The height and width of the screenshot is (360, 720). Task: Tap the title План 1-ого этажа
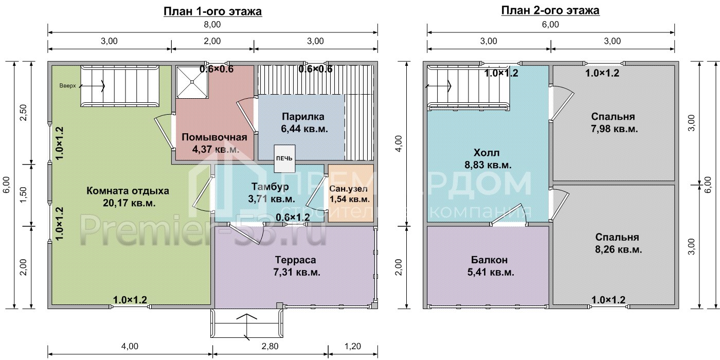[212, 11]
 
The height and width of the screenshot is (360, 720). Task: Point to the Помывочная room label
[214, 137]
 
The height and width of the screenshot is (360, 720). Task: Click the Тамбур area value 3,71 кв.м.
[272, 199]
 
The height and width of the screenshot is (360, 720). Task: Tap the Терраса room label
[295, 260]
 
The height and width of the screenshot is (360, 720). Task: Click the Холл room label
[487, 153]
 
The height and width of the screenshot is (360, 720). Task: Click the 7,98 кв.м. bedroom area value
[613, 129]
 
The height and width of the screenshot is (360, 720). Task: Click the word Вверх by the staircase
[67, 86]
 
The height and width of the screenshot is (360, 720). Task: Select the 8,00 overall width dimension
[212, 24]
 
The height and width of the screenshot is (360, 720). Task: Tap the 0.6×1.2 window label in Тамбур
[292, 218]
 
